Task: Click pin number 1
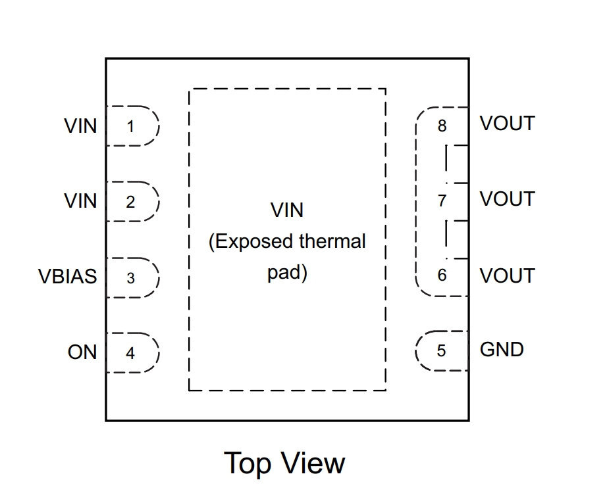(130, 126)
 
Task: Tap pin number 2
(130, 202)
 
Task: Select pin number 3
(130, 278)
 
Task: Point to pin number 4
(130, 353)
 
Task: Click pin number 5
(441, 350)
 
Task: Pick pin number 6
(442, 275)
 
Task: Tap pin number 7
(442, 201)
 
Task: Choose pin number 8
(442, 126)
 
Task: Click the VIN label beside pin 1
(80, 126)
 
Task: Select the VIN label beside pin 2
(80, 201)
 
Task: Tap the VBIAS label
(67, 276)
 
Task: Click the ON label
(82, 352)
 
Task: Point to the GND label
(502, 349)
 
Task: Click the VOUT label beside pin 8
(508, 124)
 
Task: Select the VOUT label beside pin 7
(508, 199)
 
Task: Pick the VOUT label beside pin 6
(508, 275)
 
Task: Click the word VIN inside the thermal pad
(287, 210)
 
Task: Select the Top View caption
(284, 463)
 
